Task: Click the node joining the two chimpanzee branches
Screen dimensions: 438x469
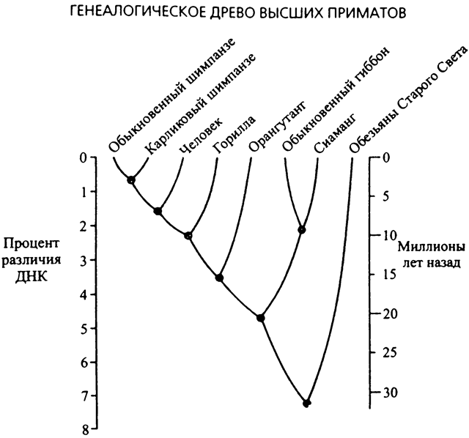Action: click(x=131, y=179)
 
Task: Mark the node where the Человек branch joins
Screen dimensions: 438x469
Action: click(x=158, y=211)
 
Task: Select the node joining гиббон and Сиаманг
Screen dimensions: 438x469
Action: click(x=301, y=229)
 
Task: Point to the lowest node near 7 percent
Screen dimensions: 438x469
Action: click(x=306, y=403)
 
